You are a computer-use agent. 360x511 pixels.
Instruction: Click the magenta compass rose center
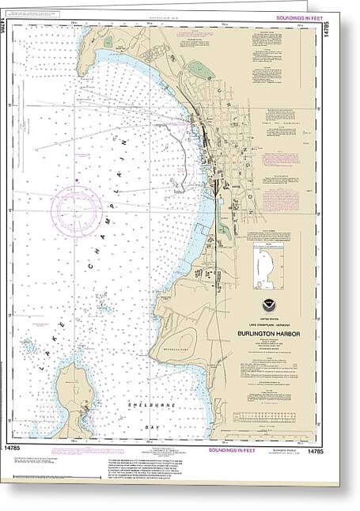click(x=76, y=209)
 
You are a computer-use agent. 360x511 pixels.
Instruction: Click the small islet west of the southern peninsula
click(x=29, y=346)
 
